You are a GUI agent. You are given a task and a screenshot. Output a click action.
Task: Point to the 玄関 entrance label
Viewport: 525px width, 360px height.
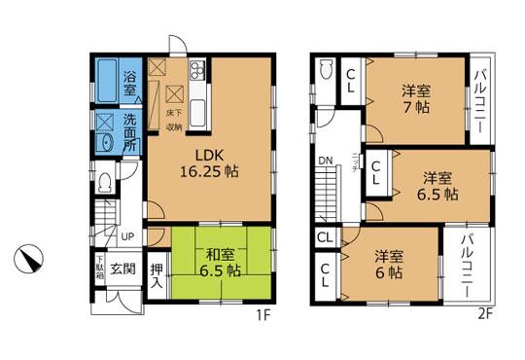point(122,269)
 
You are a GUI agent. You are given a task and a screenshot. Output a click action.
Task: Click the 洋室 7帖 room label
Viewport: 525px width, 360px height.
point(417,99)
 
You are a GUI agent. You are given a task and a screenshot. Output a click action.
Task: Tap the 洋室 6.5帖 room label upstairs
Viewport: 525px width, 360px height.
point(439,185)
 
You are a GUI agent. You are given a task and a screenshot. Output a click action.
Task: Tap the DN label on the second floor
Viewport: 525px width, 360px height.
point(325,163)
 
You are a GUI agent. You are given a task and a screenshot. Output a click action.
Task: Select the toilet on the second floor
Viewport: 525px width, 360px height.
point(326,70)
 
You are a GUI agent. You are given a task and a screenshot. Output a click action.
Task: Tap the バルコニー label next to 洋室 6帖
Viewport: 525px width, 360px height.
point(467,263)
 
